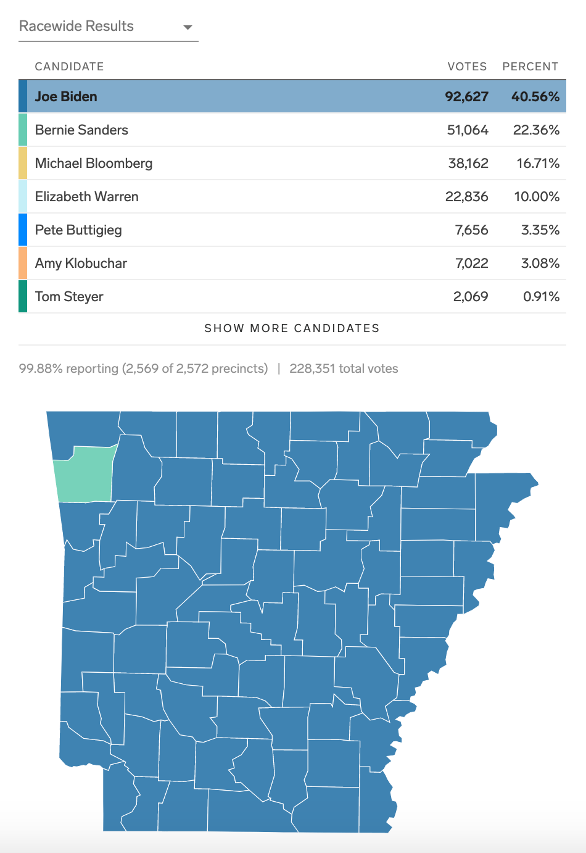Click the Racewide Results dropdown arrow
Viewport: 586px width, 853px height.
(x=188, y=27)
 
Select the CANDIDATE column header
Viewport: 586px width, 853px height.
(x=69, y=67)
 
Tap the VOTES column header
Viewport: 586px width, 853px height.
(x=467, y=67)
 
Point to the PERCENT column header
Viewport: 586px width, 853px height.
(x=530, y=67)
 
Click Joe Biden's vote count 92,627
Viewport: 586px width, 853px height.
(x=466, y=97)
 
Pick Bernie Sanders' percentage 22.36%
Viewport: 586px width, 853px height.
(x=536, y=130)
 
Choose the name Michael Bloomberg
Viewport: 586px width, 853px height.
(x=94, y=164)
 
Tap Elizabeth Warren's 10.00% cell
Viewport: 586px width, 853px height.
(x=537, y=197)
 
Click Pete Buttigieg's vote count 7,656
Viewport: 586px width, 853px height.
(x=471, y=230)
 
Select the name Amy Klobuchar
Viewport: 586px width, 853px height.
(x=81, y=264)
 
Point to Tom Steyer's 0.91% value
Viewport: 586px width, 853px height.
(x=541, y=297)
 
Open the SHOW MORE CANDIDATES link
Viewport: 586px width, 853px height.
(x=292, y=328)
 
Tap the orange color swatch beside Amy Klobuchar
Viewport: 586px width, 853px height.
(x=23, y=264)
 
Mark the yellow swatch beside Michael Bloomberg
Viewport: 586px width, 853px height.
(x=23, y=164)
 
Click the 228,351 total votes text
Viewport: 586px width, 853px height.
(x=344, y=369)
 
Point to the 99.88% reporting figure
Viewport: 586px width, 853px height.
(x=68, y=369)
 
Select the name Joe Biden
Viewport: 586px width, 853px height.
(x=66, y=97)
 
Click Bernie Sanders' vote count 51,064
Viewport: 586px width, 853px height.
(x=468, y=130)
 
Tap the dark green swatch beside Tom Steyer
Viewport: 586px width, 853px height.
(x=23, y=297)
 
